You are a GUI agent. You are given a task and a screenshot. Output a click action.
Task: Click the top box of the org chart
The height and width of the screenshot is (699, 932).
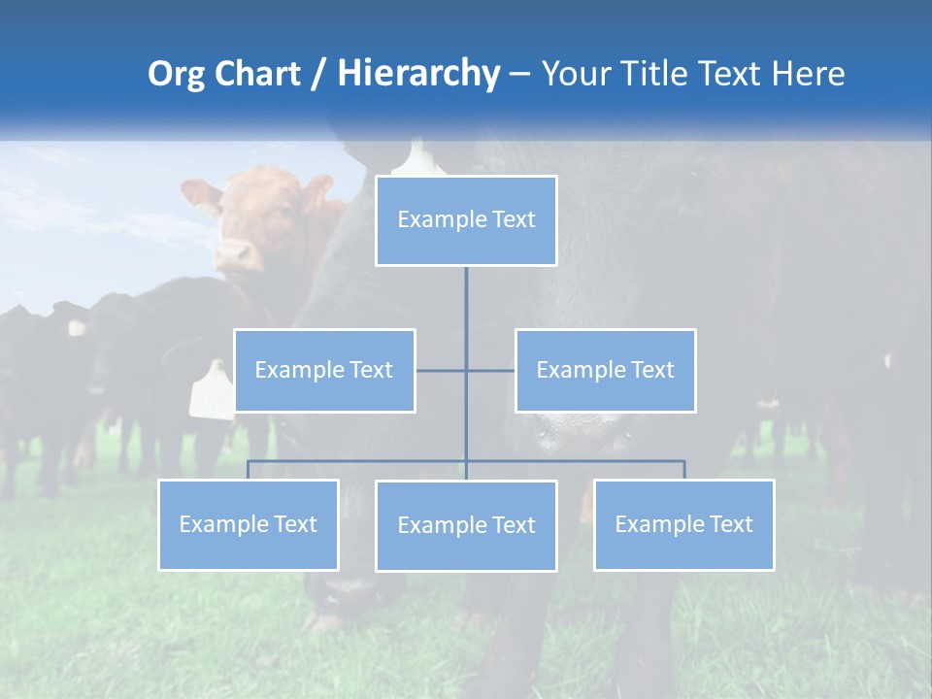(x=466, y=220)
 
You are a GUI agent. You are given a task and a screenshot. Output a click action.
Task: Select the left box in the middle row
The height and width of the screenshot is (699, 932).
(x=324, y=370)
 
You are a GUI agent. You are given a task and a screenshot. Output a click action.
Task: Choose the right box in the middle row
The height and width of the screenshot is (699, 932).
(x=606, y=370)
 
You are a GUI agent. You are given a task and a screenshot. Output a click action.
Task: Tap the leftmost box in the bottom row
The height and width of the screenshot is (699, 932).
(x=249, y=524)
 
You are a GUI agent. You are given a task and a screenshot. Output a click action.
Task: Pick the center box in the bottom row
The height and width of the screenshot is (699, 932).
(x=466, y=525)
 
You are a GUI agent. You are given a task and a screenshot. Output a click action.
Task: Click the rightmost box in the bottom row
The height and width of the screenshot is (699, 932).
(x=684, y=524)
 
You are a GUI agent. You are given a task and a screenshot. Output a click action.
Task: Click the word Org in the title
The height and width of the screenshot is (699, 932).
(x=175, y=74)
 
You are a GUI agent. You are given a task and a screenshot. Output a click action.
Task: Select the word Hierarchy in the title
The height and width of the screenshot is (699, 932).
(x=417, y=74)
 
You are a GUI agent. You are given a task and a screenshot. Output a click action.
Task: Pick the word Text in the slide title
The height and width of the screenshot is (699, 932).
(x=731, y=74)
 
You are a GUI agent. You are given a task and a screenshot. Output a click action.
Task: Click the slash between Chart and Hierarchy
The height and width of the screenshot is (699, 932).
(x=320, y=75)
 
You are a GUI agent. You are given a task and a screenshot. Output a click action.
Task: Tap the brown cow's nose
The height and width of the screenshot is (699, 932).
(x=234, y=254)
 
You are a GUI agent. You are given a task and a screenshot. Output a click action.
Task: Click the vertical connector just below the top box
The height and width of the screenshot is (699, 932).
(x=466, y=291)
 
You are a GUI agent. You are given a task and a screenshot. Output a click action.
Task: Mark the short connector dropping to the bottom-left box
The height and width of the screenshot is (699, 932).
(x=249, y=470)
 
